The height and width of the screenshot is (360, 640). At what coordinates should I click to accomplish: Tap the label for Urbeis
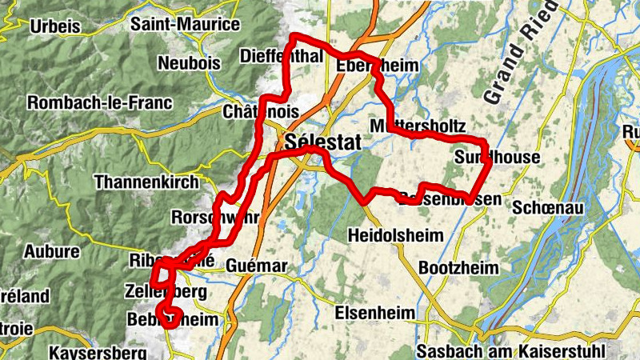click(x=54, y=26)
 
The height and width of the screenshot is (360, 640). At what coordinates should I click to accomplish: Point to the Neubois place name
click(x=189, y=63)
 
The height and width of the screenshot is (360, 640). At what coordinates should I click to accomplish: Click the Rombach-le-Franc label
click(x=99, y=102)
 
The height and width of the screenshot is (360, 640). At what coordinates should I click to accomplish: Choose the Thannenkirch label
click(x=146, y=182)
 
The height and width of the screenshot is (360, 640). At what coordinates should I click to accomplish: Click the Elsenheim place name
click(x=374, y=312)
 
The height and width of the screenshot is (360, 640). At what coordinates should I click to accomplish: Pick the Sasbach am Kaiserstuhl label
click(x=513, y=351)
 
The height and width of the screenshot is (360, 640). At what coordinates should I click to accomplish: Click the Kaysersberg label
click(x=98, y=352)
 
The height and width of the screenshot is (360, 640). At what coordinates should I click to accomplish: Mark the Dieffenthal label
click(x=281, y=57)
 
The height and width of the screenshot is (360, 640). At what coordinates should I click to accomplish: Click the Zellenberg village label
click(x=166, y=291)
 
